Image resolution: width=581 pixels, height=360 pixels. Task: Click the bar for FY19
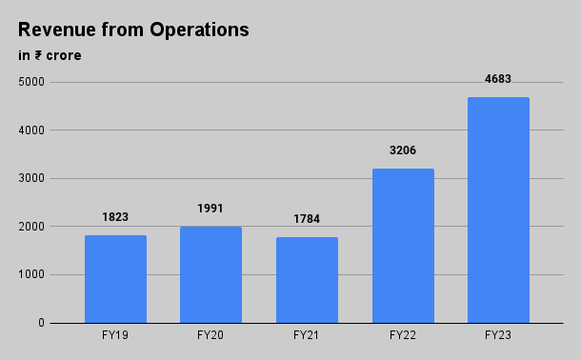(115, 279)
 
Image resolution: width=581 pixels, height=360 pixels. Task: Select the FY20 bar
(210, 274)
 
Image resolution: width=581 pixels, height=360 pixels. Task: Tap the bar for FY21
(307, 280)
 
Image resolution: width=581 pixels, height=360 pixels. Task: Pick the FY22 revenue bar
(403, 246)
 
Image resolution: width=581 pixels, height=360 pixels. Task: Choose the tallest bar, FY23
(498, 210)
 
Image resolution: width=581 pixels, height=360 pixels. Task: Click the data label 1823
(115, 217)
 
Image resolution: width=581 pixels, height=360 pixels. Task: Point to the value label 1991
(210, 209)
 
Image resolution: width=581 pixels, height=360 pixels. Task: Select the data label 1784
(307, 219)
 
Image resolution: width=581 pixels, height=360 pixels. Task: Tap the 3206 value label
(403, 150)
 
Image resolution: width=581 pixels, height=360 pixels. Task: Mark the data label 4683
(498, 79)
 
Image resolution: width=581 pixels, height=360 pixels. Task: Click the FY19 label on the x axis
(115, 335)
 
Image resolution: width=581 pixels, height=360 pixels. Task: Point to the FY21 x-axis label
(307, 335)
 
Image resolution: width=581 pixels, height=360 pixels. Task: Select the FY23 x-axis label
(498, 335)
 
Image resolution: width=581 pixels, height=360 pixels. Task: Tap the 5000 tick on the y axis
(31, 82)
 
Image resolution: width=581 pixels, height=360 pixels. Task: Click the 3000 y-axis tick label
(31, 178)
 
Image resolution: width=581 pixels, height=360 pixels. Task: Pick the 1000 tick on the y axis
(31, 275)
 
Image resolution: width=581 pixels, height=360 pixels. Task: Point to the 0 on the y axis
(42, 323)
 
